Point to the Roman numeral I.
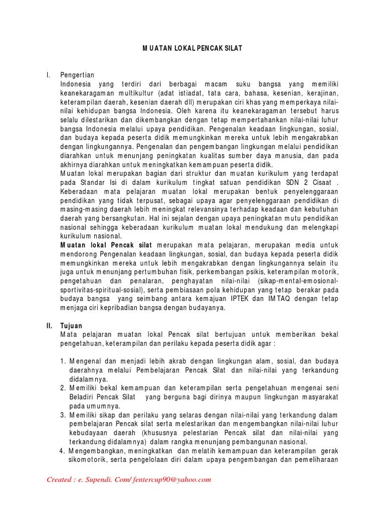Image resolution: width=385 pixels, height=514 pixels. click(48, 75)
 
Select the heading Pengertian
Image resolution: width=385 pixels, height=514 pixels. click(77, 75)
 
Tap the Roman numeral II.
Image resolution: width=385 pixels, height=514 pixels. click(49, 325)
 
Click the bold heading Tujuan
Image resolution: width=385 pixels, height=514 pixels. click(71, 325)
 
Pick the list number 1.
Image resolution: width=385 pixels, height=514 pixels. click(63, 361)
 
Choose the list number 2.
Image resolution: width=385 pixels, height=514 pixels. click(63, 388)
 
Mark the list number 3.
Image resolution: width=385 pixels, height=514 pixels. click(63, 415)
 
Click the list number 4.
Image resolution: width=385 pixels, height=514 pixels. click(63, 451)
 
